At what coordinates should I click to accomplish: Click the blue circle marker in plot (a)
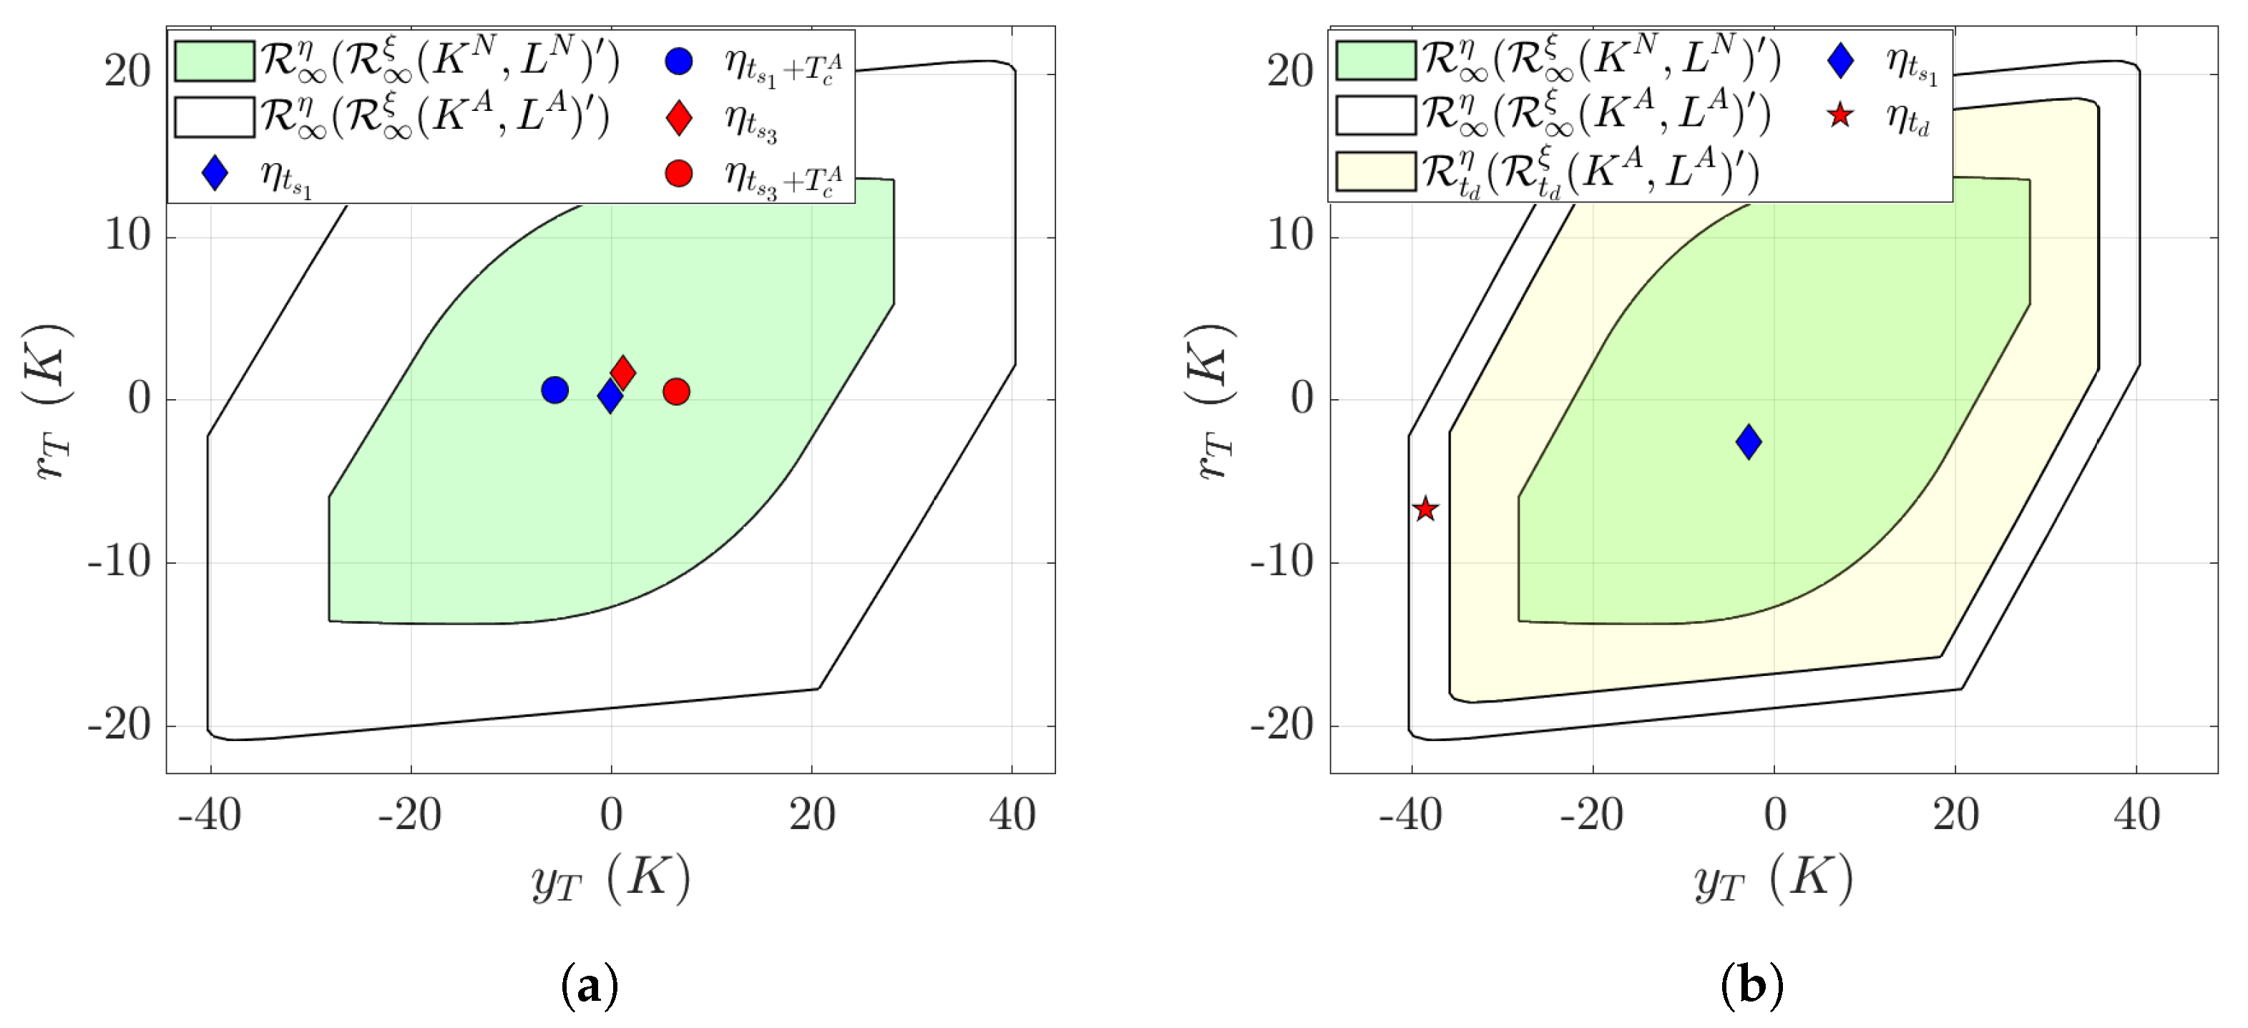554,390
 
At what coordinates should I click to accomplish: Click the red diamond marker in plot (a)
622,373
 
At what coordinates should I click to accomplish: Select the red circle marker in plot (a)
676,392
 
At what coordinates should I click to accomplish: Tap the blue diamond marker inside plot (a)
610,397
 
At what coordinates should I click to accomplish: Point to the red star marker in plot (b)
1425,509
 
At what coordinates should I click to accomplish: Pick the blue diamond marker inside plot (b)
1748,441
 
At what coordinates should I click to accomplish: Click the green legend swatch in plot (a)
214,61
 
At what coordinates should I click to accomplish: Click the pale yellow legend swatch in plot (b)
1375,171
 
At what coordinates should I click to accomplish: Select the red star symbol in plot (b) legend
1839,115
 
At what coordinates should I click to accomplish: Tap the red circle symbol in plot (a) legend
678,174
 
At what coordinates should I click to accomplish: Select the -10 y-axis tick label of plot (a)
119,563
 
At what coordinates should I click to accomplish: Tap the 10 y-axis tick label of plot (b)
1290,235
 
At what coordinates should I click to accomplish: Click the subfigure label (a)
590,985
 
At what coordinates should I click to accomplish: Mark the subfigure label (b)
1751,985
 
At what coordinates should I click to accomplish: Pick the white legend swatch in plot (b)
1375,115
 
